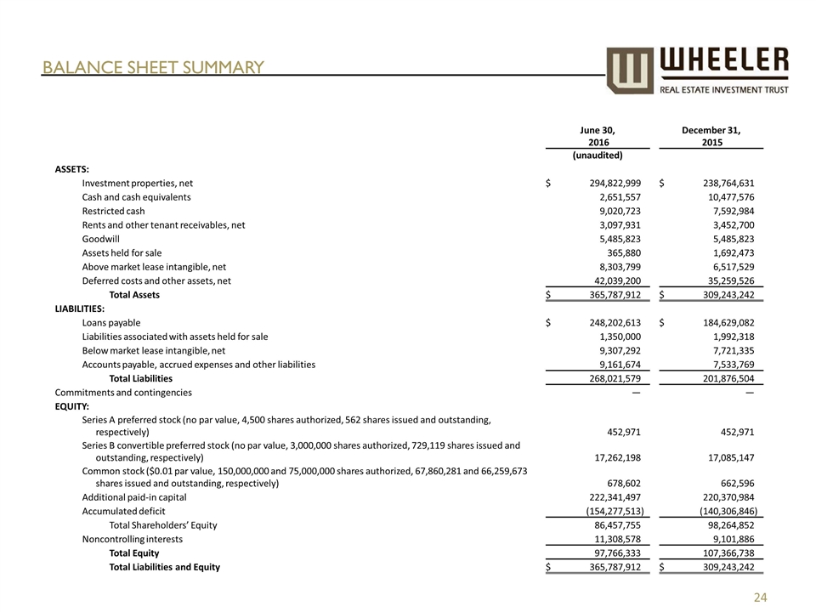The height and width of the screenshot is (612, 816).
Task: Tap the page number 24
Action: click(x=762, y=598)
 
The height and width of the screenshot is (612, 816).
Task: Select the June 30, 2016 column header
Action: click(x=598, y=136)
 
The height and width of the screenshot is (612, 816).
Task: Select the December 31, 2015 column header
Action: click(x=711, y=136)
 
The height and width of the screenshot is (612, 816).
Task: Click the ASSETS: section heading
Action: click(x=72, y=169)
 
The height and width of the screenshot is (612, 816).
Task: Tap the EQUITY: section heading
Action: click(x=72, y=406)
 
